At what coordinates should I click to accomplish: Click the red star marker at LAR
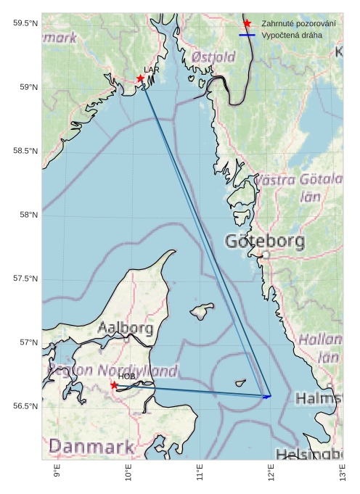pos(140,78)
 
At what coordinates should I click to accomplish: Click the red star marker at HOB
pos(114,385)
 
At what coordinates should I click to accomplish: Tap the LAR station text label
pos(151,70)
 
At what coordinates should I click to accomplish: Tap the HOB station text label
pos(127,376)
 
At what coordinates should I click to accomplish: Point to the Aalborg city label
pos(126,328)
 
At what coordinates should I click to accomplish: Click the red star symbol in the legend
pos(247,24)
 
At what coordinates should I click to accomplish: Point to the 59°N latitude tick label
pos(25,87)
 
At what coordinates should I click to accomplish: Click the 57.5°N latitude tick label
pos(25,279)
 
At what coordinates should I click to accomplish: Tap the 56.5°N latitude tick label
pos(25,406)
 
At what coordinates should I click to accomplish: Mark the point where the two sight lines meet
pos(270,396)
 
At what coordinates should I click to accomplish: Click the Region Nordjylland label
pos(112,371)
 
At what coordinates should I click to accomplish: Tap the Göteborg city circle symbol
pos(266,255)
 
